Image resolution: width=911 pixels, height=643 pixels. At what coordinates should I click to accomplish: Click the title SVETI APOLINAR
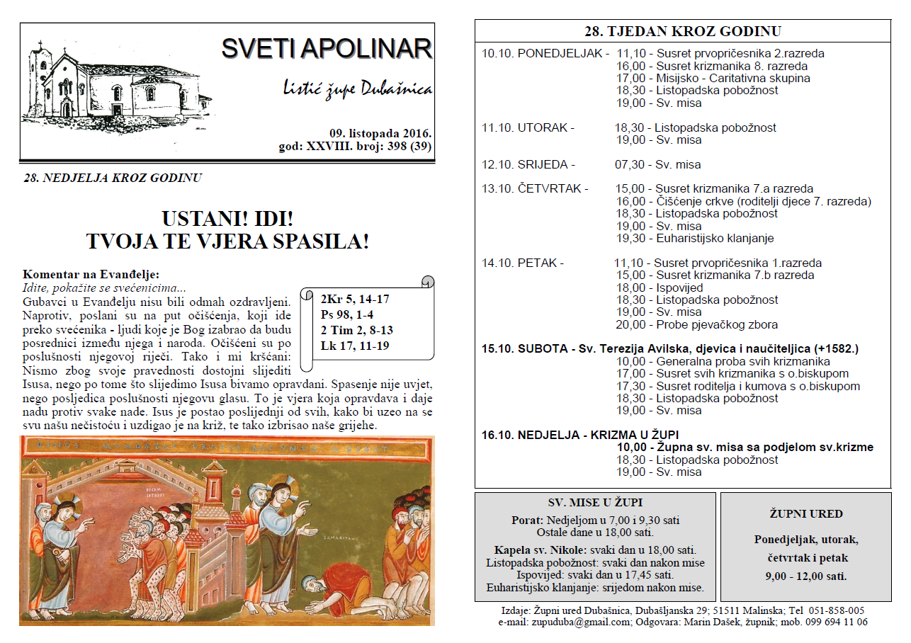[x=327, y=49]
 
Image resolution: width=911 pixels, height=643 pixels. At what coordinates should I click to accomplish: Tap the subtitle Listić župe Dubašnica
[x=357, y=90]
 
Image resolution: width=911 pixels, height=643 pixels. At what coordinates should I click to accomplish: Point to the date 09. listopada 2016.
[x=380, y=133]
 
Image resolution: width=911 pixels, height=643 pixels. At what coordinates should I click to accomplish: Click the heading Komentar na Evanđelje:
[x=91, y=275]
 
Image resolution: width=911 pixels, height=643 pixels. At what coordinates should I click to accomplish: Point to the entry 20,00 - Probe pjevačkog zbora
[x=696, y=324]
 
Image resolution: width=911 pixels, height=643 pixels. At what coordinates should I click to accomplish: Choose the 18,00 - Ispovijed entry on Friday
[x=659, y=288]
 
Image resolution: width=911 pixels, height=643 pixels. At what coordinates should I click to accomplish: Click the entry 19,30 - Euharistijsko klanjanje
[x=694, y=238]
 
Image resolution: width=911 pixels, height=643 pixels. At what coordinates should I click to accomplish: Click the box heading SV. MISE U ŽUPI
[x=595, y=503]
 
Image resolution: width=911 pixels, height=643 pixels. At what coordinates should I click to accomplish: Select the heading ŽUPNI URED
[x=805, y=514]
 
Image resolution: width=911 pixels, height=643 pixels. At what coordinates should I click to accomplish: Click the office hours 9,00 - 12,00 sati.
[x=805, y=576]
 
